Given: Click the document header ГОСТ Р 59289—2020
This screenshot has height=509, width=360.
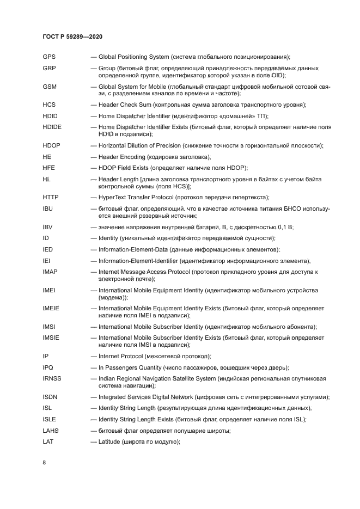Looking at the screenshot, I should (x=72, y=36).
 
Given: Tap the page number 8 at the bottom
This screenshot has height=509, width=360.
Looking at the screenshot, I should (x=45, y=462).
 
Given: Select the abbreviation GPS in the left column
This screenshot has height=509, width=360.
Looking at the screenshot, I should (x=49, y=57).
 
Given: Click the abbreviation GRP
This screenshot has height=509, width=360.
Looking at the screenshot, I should (x=50, y=68).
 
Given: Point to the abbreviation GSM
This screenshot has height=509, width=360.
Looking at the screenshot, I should (x=50, y=87).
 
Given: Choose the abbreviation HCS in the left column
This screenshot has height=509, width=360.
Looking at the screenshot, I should (x=49, y=105).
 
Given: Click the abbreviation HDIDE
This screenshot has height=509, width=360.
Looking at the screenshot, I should (x=52, y=127).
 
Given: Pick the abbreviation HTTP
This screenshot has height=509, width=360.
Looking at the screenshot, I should (x=50, y=197).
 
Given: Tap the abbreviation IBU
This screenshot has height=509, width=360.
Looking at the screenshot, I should (x=48, y=208).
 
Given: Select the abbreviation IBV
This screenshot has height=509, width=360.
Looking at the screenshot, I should (x=48, y=227).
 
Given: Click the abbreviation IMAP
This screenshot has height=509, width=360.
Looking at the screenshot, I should (x=50, y=272).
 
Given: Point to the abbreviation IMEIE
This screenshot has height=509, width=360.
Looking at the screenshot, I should (x=51, y=308).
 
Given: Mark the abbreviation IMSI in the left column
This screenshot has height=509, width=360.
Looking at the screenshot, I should (x=49, y=327).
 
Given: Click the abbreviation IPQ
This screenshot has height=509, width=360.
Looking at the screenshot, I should (x=48, y=367).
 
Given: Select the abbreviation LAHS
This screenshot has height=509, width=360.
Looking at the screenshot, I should (x=51, y=431).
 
